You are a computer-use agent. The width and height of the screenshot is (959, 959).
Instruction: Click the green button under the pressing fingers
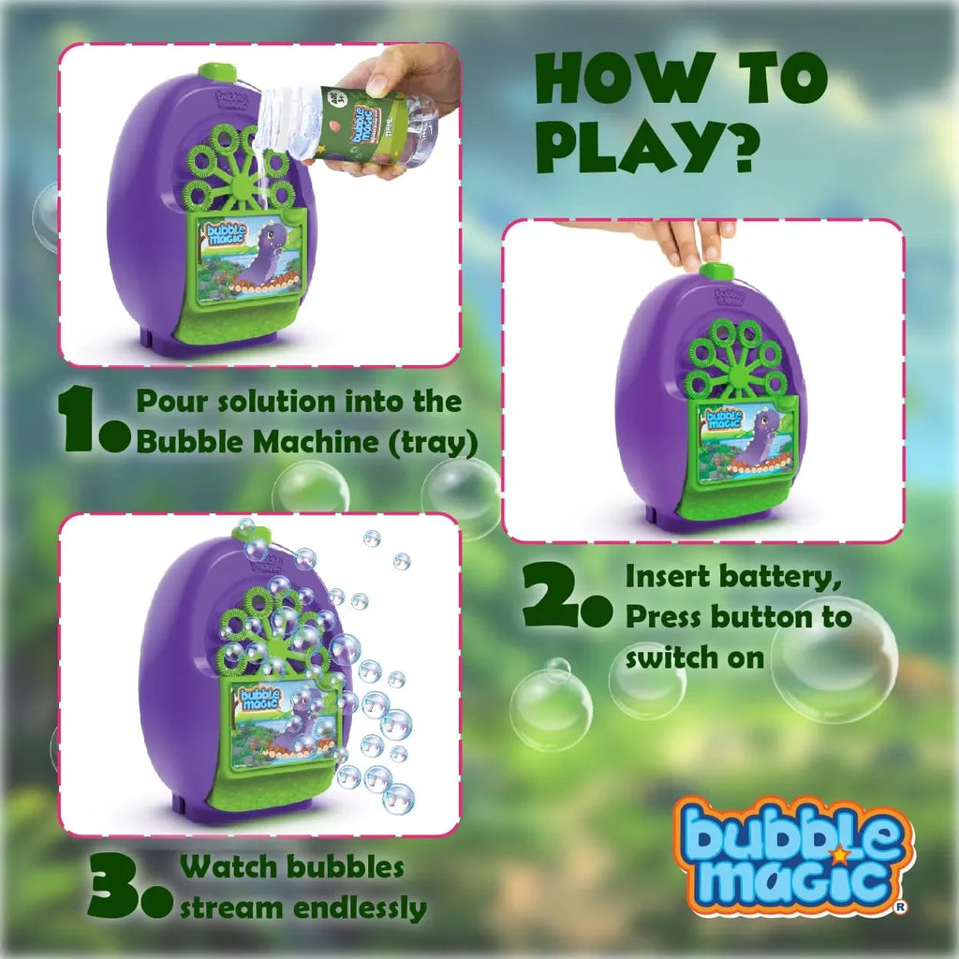pos(716,272)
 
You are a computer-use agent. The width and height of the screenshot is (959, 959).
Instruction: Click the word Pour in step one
pos(170,401)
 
